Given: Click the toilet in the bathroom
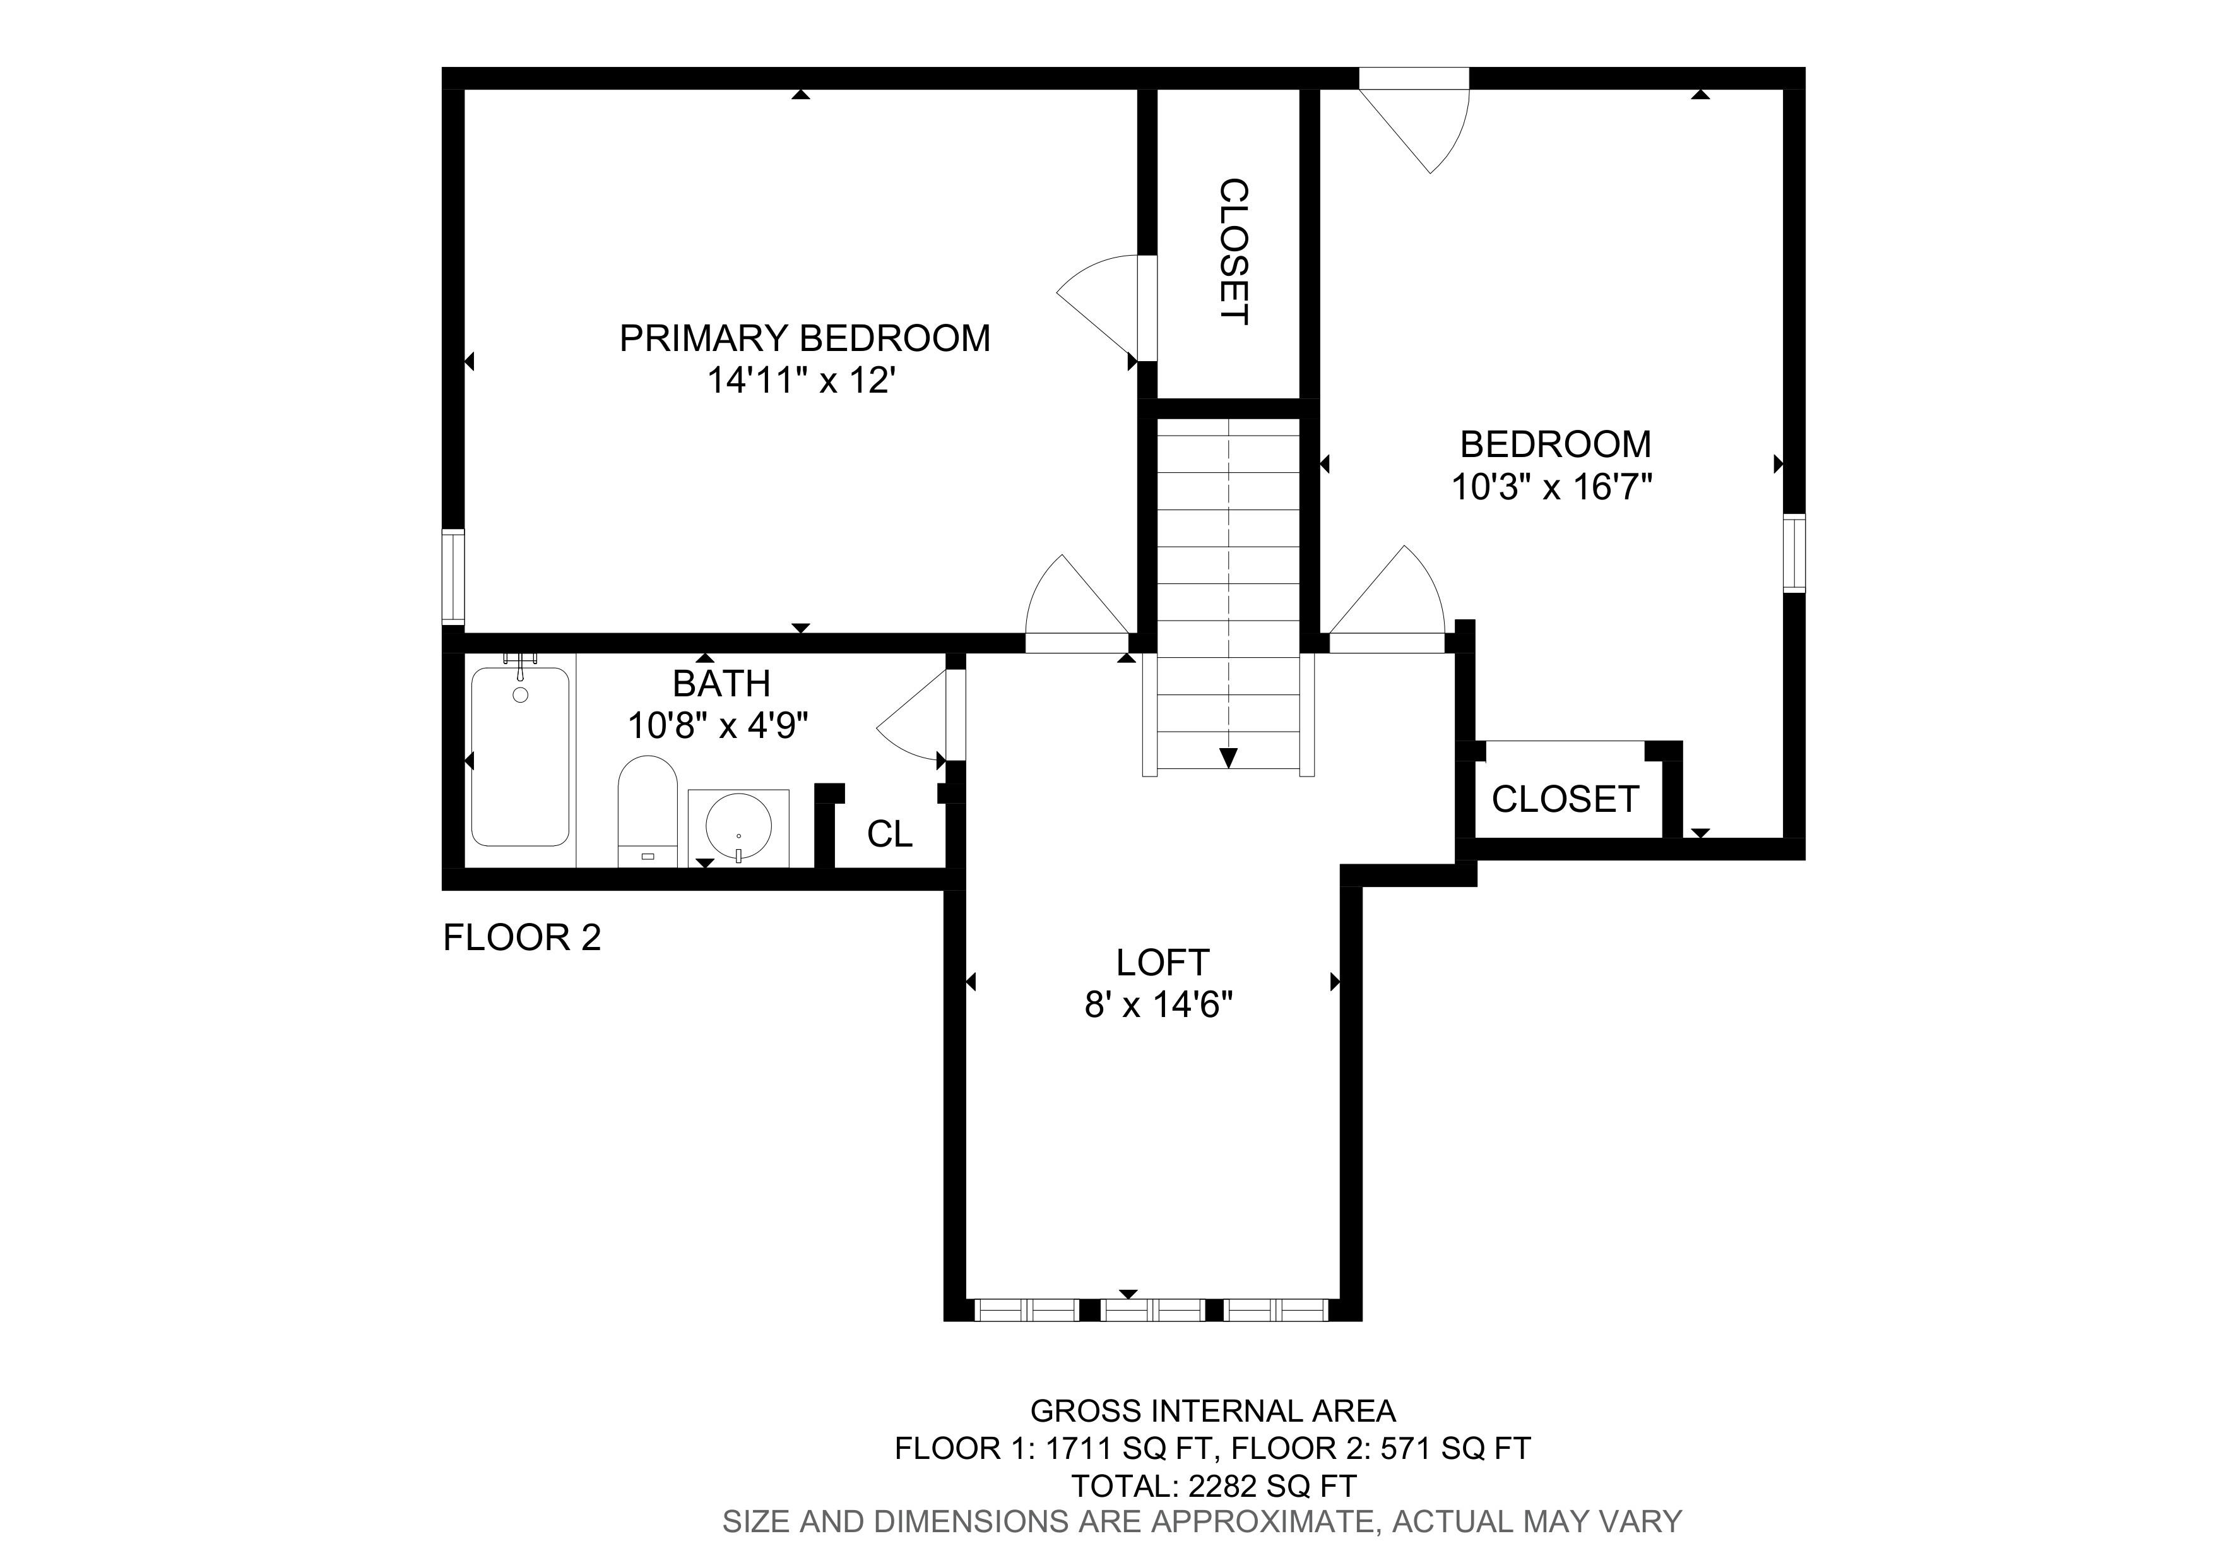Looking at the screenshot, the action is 647,811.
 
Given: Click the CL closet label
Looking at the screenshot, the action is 889,834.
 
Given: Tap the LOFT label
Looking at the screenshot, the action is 1162,962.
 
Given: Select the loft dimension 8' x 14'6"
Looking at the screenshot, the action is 1159,1006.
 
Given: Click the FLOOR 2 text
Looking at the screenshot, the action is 522,937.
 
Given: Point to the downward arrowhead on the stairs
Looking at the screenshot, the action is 1228,758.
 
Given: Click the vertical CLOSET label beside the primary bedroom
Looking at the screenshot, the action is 1234,252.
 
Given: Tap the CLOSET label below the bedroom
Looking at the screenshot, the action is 1565,799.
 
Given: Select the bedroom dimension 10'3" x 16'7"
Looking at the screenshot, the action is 1553,487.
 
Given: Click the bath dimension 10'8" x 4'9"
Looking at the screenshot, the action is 718,725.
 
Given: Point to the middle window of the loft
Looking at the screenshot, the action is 1152,1309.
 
